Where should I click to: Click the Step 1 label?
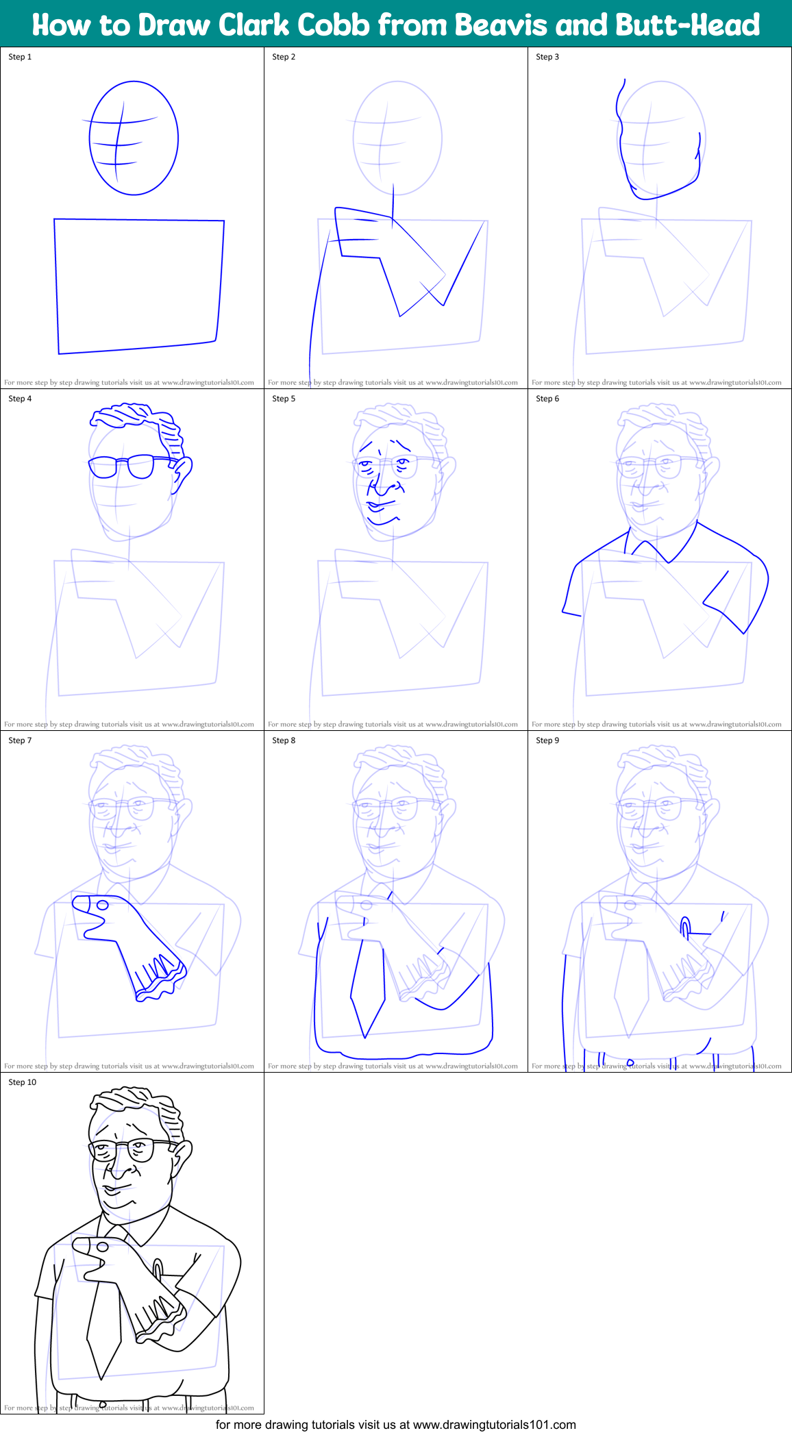pyautogui.click(x=20, y=57)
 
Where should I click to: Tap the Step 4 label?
pyautogui.click(x=20, y=399)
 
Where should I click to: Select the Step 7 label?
pyautogui.click(x=20, y=740)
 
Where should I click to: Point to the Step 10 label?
pyautogui.click(x=22, y=1082)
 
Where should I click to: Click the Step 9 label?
pyautogui.click(x=547, y=740)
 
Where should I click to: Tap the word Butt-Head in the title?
pyautogui.click(x=687, y=25)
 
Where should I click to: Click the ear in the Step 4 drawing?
pyautogui.click(x=182, y=473)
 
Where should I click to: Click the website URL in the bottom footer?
pyautogui.click(x=494, y=1425)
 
